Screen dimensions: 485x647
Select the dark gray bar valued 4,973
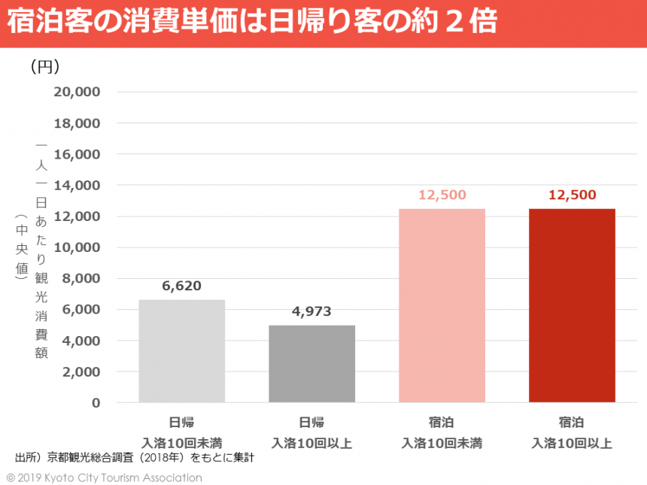pos(311,364)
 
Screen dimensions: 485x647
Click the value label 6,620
pos(181,286)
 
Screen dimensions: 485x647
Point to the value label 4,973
pos(311,311)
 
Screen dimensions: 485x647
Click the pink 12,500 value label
pos(442,195)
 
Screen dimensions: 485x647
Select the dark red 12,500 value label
pos(572,195)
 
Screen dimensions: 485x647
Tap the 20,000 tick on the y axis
pos(77,92)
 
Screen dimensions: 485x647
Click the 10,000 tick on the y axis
pos(77,247)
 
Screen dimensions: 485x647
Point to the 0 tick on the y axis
pos(96,402)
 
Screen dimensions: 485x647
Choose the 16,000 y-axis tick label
pos(77,154)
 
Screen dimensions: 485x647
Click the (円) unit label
pos(45,68)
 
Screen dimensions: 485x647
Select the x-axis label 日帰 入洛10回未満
pos(181,432)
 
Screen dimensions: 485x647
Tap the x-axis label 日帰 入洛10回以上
pos(311,432)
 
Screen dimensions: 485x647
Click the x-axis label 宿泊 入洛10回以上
pos(572,432)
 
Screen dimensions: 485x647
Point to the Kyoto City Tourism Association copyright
pos(105,477)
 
